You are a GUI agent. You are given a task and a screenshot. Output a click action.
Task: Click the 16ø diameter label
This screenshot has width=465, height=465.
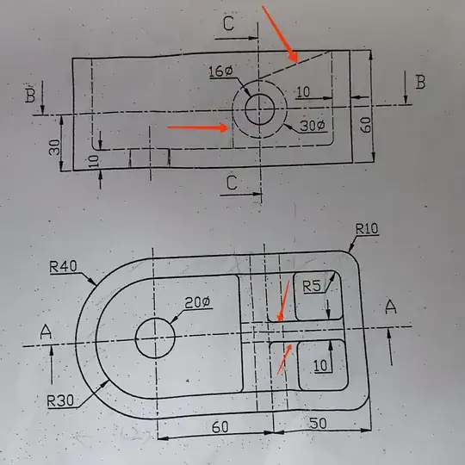(x=221, y=71)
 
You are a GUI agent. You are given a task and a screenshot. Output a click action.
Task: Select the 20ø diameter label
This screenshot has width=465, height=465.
(x=198, y=302)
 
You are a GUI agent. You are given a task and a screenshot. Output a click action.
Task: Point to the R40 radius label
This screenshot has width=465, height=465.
(x=65, y=267)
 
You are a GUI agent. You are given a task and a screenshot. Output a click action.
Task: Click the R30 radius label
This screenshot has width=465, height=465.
(x=62, y=400)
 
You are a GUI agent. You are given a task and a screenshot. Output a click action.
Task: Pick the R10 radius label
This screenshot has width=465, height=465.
(x=368, y=229)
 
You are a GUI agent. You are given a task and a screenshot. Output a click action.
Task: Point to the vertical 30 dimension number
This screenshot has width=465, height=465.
(x=55, y=146)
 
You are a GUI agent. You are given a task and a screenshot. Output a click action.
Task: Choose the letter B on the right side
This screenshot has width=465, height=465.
(x=420, y=83)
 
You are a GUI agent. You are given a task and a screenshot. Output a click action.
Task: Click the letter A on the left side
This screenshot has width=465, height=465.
(x=46, y=331)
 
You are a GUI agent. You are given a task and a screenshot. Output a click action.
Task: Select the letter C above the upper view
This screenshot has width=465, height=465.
(x=227, y=24)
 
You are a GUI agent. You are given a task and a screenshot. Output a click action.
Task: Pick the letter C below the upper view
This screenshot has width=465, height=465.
(x=232, y=183)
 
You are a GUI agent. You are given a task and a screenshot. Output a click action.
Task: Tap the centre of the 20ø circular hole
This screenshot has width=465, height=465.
(x=156, y=336)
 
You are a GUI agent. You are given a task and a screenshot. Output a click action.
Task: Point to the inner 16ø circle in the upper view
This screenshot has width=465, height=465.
(x=259, y=109)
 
